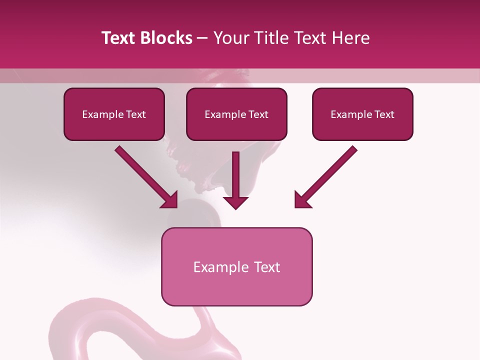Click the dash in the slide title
tap(202, 38)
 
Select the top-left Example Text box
tap(114, 114)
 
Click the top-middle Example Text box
tap(236, 114)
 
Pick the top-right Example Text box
tap(362, 114)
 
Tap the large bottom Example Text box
tap(236, 266)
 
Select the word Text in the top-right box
tap(384, 114)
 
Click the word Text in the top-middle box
tap(258, 114)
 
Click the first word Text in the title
tap(118, 38)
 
